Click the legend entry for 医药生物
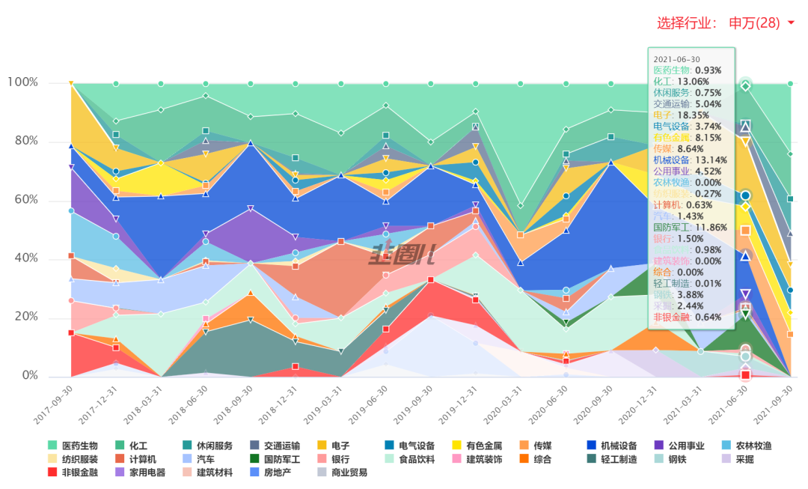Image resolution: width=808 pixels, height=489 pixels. [73, 446]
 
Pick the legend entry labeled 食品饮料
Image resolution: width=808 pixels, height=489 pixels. [410, 459]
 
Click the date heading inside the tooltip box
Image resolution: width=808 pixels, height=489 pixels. [676, 59]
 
